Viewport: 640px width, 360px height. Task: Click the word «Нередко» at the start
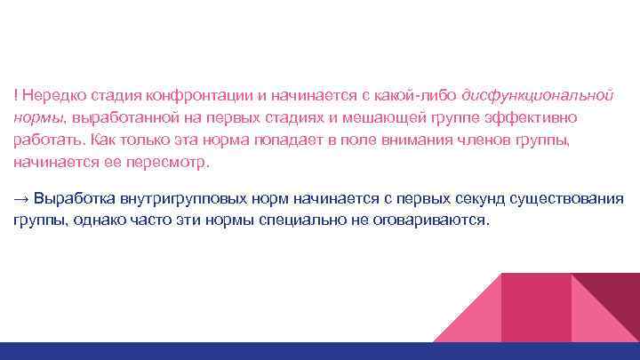pyautogui.click(x=50, y=95)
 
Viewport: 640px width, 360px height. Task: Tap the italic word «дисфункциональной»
pyautogui.click(x=540, y=95)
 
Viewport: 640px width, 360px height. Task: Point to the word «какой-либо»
pyautogui.click(x=422, y=95)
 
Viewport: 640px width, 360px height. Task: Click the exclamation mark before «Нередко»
pyautogui.click(x=15, y=95)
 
